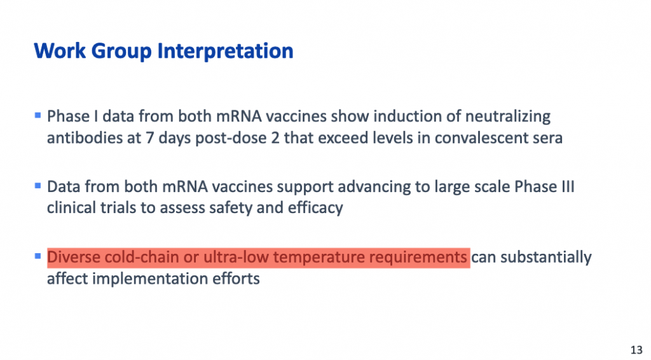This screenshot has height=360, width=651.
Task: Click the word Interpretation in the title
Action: tap(226, 52)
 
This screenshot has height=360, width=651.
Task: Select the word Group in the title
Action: tap(121, 52)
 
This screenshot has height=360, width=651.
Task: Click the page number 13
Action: tap(636, 350)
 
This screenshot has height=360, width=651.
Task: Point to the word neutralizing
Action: tap(508, 116)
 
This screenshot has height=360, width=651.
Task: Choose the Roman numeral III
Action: tap(568, 186)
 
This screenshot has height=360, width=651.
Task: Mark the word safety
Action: tap(230, 207)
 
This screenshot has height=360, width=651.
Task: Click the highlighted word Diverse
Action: tap(73, 257)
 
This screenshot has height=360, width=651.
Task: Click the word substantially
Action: tap(545, 258)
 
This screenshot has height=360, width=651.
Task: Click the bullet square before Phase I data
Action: tap(38, 115)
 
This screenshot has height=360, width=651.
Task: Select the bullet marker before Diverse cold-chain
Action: tap(38, 256)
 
